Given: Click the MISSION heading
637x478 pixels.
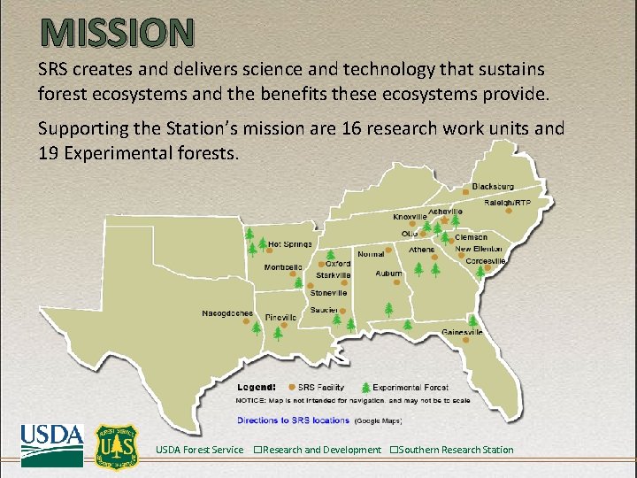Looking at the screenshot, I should (x=116, y=33).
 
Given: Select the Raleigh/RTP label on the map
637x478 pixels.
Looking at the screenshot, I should (x=508, y=203).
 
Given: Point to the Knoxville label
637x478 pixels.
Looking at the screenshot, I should (x=411, y=217).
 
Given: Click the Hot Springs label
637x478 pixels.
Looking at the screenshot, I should (x=289, y=243).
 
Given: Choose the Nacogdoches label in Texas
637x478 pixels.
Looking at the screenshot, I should (x=227, y=313).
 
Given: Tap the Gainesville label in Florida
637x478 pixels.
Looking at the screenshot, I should (x=462, y=333).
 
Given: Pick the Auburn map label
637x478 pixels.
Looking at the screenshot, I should (x=388, y=274).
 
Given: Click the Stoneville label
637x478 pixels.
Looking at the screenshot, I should (x=328, y=293).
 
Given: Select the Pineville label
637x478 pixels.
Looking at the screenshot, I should (x=280, y=317).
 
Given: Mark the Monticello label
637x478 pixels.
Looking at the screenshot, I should (x=283, y=266).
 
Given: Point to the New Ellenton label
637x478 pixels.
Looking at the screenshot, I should (x=479, y=250).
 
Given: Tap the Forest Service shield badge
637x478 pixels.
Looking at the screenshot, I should (x=117, y=447).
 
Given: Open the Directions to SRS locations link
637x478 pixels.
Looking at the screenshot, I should (x=293, y=420).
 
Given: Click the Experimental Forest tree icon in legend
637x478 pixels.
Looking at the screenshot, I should (x=365, y=387).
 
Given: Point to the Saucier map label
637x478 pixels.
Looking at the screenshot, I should (x=324, y=310).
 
